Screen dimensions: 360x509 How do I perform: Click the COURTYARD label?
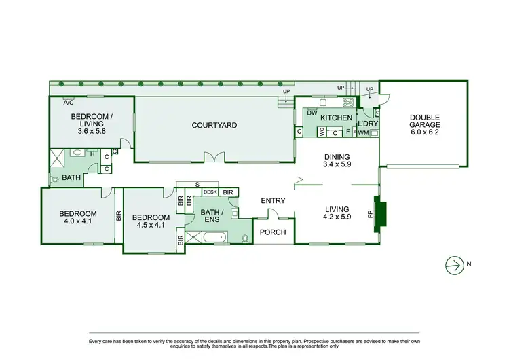click(214, 125)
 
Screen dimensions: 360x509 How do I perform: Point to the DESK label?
click(210, 193)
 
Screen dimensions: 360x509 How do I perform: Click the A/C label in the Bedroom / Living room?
click(69, 103)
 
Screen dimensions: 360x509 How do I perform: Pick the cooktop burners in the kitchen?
click(349, 103)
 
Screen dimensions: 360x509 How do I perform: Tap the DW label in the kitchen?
click(312, 113)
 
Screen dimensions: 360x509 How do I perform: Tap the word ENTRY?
click(274, 200)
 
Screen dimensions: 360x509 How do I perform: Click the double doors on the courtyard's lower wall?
click(214, 159)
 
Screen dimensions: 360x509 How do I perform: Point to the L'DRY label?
click(367, 123)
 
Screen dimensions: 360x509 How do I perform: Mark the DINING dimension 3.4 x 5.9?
click(337, 164)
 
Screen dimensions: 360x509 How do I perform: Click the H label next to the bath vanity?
click(92, 154)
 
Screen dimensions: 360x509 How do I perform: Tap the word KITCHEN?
click(337, 118)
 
